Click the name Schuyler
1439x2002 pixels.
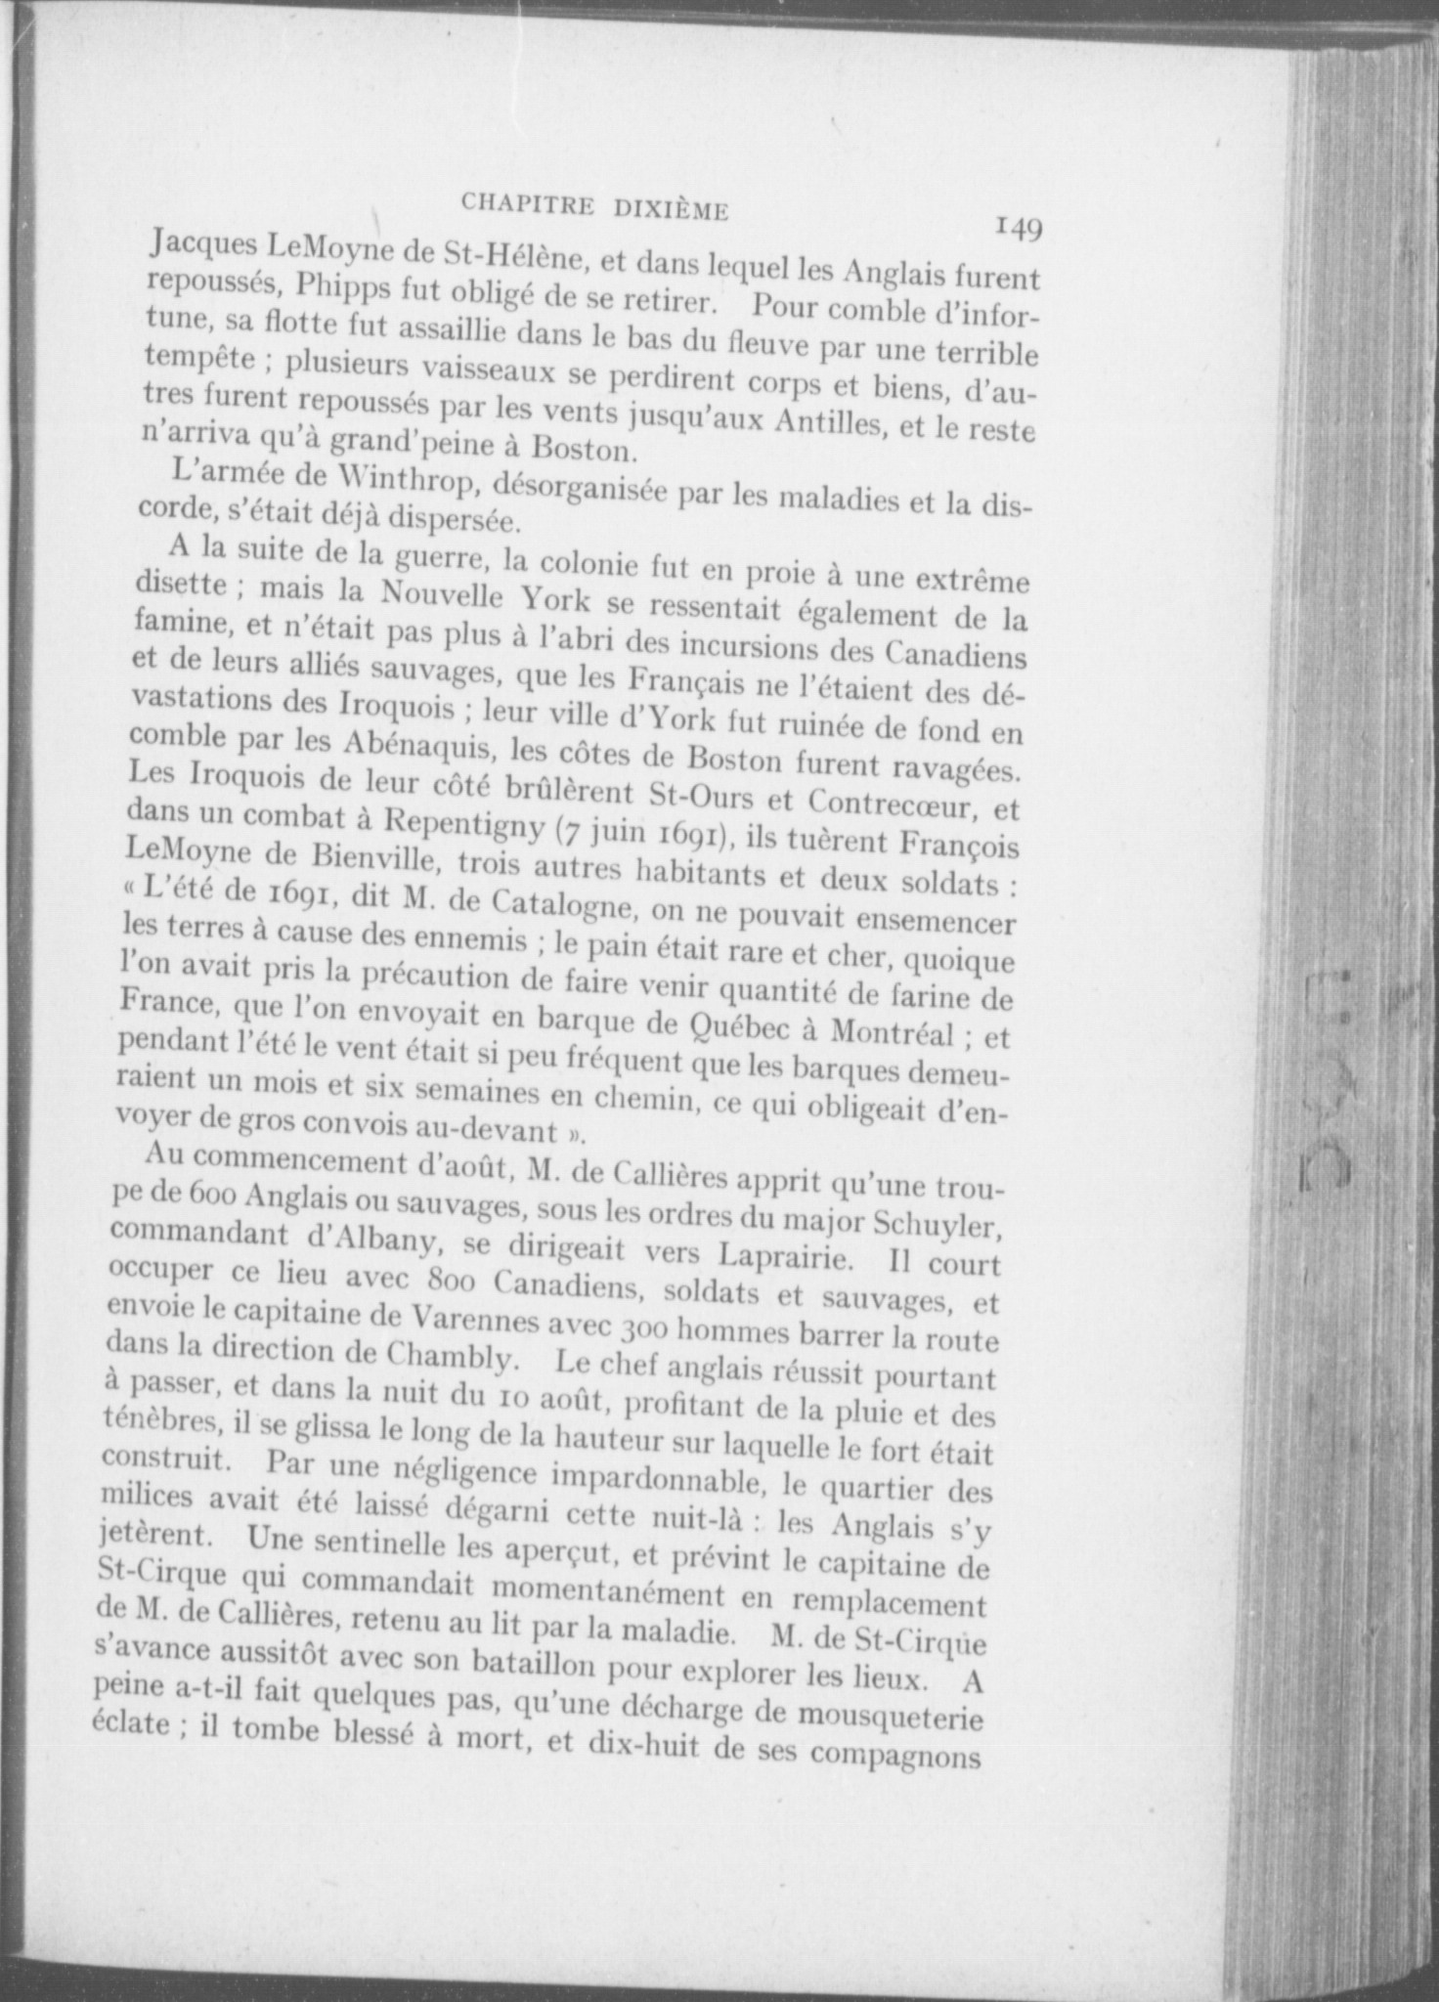coord(934,1224)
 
